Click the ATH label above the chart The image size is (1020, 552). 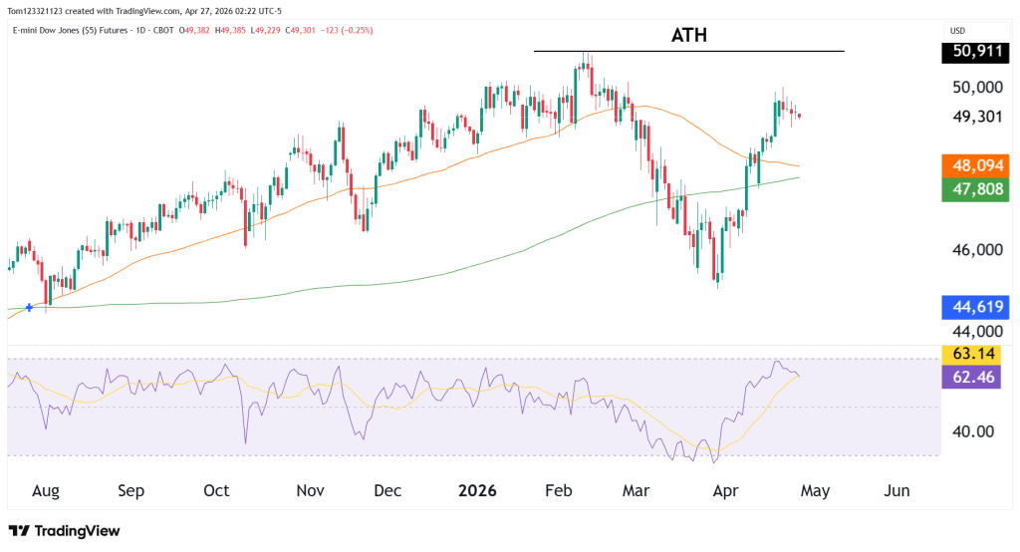(x=689, y=37)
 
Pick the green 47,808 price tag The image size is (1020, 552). (x=976, y=189)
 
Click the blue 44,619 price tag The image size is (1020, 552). (x=976, y=308)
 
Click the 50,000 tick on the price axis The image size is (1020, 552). (x=977, y=88)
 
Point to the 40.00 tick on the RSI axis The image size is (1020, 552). (x=973, y=431)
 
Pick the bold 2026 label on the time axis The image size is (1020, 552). (x=476, y=491)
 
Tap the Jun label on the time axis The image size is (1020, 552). (x=897, y=491)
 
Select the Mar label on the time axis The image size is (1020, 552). (x=636, y=491)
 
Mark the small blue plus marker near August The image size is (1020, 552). (x=30, y=307)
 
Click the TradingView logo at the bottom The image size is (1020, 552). (x=64, y=531)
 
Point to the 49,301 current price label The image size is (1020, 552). (x=976, y=116)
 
